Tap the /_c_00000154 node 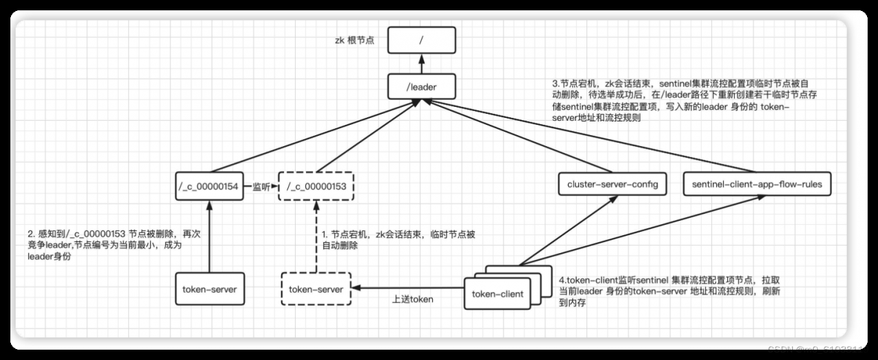(210, 185)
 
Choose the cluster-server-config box (613, 184)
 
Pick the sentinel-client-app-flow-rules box (757, 184)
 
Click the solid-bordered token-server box (209, 289)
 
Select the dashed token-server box (316, 289)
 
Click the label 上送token (412, 300)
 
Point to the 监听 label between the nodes (261, 186)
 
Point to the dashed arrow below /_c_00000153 (316, 237)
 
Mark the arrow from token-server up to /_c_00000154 (210, 237)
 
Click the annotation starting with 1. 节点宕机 (399, 239)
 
